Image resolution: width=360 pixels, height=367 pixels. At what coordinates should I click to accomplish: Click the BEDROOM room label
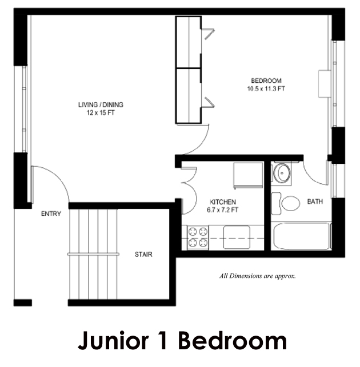[x=266, y=80]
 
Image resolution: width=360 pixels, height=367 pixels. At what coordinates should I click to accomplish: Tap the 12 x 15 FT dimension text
[x=101, y=113]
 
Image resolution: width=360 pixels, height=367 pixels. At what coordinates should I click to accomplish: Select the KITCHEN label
[x=223, y=202]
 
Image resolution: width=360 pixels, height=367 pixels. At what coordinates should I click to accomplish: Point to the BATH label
[x=315, y=201]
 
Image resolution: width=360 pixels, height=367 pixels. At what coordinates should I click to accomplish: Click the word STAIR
[x=143, y=255]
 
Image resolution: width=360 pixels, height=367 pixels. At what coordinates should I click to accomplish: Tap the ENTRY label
[x=51, y=213]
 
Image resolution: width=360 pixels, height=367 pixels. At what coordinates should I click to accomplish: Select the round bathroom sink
[x=282, y=174]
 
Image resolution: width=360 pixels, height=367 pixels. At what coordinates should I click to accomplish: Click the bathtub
[x=302, y=236]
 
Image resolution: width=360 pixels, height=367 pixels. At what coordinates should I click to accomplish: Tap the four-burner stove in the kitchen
[x=198, y=237]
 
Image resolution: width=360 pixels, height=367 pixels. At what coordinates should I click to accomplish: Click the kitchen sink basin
[x=237, y=237]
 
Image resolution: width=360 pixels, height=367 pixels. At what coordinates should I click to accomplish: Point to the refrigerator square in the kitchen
[x=248, y=175]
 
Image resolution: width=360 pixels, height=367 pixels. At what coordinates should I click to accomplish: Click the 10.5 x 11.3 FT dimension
[x=266, y=88]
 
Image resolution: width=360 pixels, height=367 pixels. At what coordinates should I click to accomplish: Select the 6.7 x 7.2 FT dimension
[x=222, y=210]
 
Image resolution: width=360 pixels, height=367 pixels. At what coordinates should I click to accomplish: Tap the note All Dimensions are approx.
[x=257, y=276]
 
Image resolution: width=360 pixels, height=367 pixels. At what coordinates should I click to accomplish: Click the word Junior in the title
[x=113, y=341]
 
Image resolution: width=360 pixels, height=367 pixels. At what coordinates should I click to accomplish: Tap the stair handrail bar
[x=93, y=254]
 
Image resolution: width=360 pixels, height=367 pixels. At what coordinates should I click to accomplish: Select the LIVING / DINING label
[x=101, y=104]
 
